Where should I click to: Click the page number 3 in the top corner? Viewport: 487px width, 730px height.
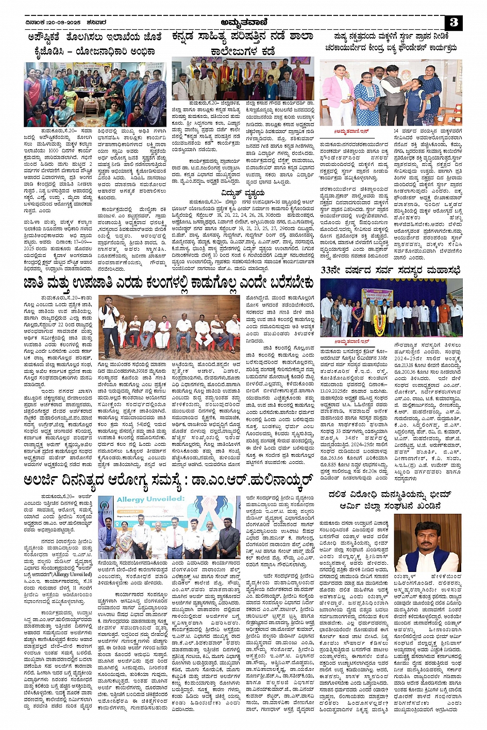(x=454, y=22)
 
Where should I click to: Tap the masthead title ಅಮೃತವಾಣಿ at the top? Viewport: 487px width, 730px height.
(x=243, y=22)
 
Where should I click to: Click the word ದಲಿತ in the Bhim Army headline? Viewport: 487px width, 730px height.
(x=339, y=494)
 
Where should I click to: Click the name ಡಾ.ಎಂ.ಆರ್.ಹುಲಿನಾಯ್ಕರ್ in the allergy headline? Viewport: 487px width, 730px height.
(x=251, y=481)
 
